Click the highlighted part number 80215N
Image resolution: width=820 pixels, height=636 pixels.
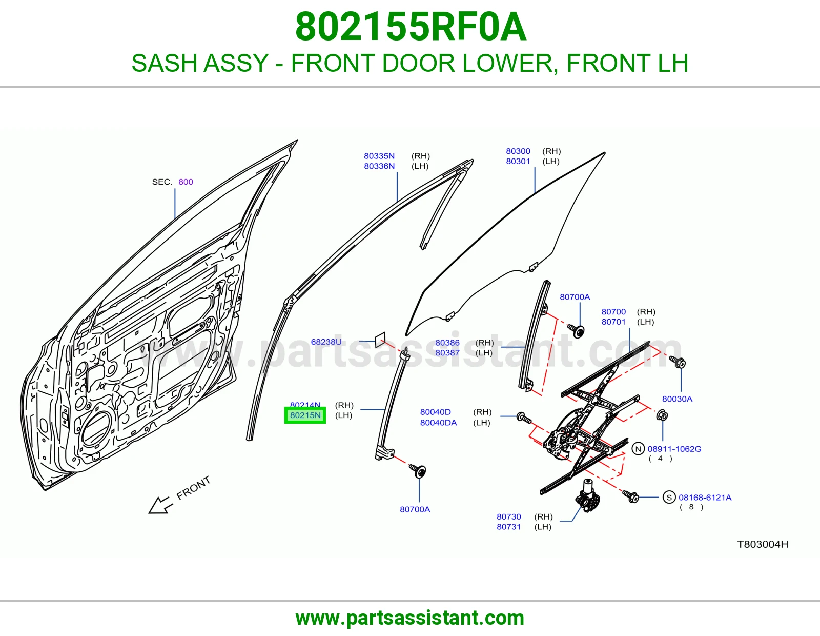(x=305, y=415)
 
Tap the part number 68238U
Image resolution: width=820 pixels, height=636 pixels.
(x=326, y=342)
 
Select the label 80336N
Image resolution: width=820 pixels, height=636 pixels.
(x=379, y=166)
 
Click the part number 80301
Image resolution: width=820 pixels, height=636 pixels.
(x=518, y=161)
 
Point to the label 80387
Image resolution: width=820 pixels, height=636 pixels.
(x=447, y=352)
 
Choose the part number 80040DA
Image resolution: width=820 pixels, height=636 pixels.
(x=439, y=423)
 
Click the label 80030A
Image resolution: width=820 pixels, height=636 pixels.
(x=678, y=399)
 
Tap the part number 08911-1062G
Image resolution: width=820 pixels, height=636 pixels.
(x=674, y=449)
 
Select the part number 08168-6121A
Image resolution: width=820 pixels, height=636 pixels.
(x=705, y=498)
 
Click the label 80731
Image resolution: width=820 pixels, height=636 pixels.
(x=509, y=526)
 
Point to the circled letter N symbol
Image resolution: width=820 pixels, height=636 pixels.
(x=638, y=449)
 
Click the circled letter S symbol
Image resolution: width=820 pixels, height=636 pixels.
(x=669, y=498)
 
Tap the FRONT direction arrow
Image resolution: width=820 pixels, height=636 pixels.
(x=161, y=505)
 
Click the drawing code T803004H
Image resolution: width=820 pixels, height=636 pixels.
(x=763, y=544)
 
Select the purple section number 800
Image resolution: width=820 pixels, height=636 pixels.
(x=186, y=182)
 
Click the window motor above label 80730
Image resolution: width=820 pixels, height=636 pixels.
(x=587, y=495)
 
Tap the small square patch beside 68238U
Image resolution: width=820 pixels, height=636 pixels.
(x=380, y=340)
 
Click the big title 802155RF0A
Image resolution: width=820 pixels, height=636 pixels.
(x=411, y=27)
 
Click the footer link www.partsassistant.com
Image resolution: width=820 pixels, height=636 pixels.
(x=410, y=618)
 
